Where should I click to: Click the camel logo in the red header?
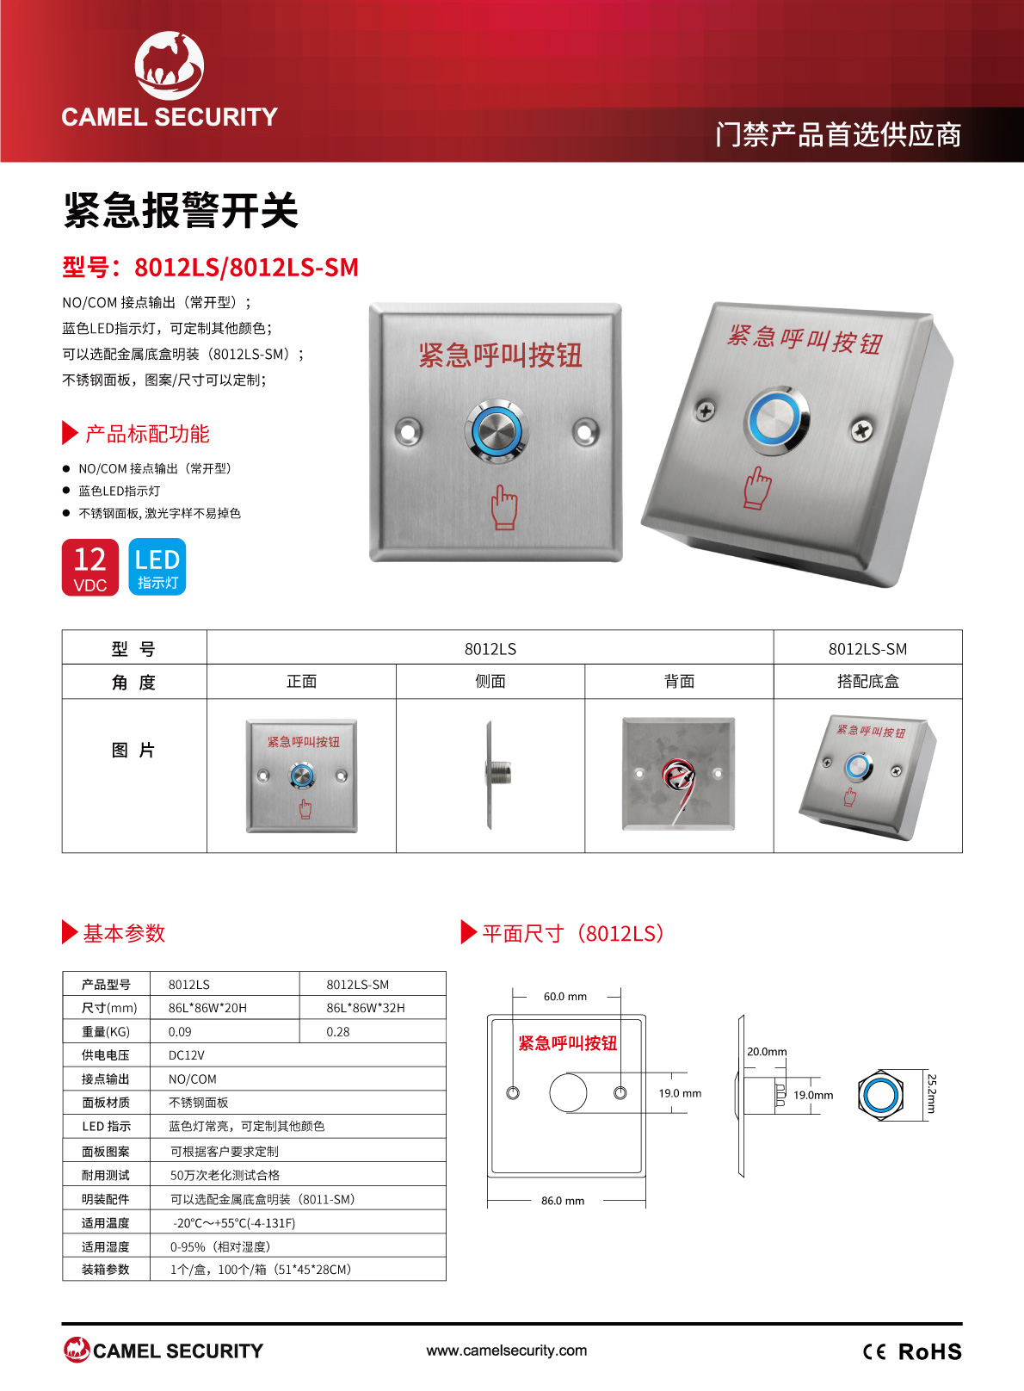click(170, 65)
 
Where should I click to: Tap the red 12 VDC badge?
click(90, 567)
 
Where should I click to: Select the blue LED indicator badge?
click(157, 567)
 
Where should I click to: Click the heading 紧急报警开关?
click(181, 211)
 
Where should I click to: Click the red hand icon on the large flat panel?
click(504, 507)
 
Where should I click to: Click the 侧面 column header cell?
click(490, 681)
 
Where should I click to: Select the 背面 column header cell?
click(679, 681)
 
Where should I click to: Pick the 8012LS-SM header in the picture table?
click(867, 648)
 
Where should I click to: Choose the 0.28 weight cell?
click(338, 1031)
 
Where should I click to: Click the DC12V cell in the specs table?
click(186, 1055)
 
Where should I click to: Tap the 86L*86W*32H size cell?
click(366, 1008)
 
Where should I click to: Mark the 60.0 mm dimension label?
click(564, 997)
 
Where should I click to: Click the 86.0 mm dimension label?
click(563, 1201)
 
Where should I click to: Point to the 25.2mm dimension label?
click(932, 1093)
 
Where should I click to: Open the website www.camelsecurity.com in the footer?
click(507, 1350)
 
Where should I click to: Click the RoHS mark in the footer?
click(929, 1351)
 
